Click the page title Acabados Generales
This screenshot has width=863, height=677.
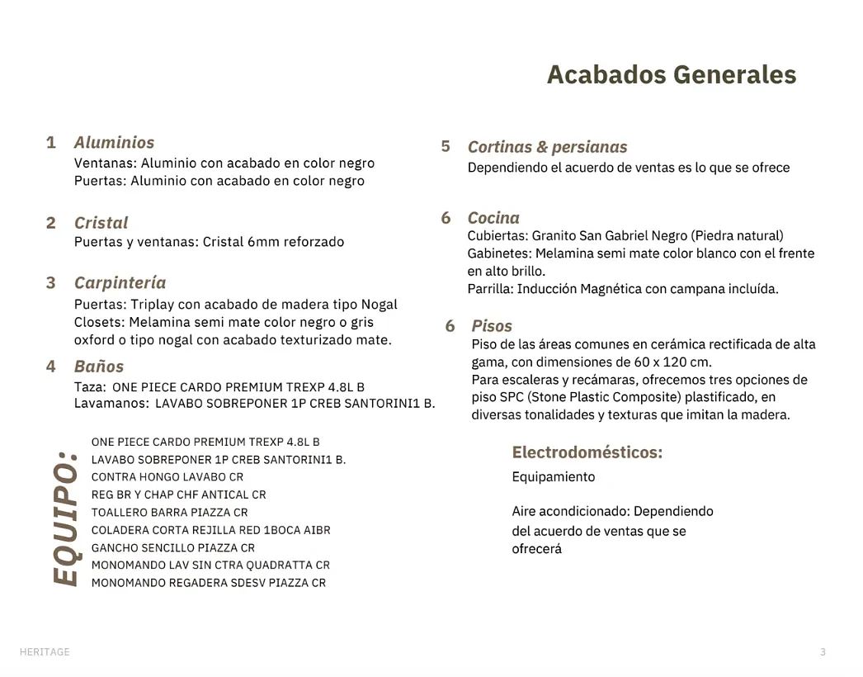(x=671, y=75)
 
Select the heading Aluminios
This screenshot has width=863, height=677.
(x=114, y=143)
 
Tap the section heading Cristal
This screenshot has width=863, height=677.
(x=101, y=223)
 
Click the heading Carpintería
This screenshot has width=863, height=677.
(x=120, y=283)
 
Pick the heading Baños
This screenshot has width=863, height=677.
(x=98, y=367)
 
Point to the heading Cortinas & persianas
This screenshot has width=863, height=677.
(x=547, y=147)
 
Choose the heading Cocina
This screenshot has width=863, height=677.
(x=493, y=218)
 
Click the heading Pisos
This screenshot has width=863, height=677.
(x=492, y=326)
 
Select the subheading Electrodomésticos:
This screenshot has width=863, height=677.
(x=587, y=452)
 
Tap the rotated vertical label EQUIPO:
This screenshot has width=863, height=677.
(x=66, y=518)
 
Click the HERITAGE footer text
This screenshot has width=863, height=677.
(x=45, y=652)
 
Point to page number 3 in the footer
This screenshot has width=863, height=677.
(x=823, y=652)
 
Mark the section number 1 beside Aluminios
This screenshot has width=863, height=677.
(x=51, y=143)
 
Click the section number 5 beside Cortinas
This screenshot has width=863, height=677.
(x=446, y=147)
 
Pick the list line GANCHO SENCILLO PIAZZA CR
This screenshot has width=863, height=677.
(x=173, y=548)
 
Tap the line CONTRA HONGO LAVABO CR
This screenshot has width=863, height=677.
(x=167, y=477)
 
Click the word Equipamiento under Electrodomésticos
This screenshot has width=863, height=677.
(x=553, y=477)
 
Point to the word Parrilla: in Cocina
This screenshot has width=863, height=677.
(x=490, y=289)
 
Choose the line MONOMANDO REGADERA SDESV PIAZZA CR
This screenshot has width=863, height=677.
(x=209, y=583)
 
